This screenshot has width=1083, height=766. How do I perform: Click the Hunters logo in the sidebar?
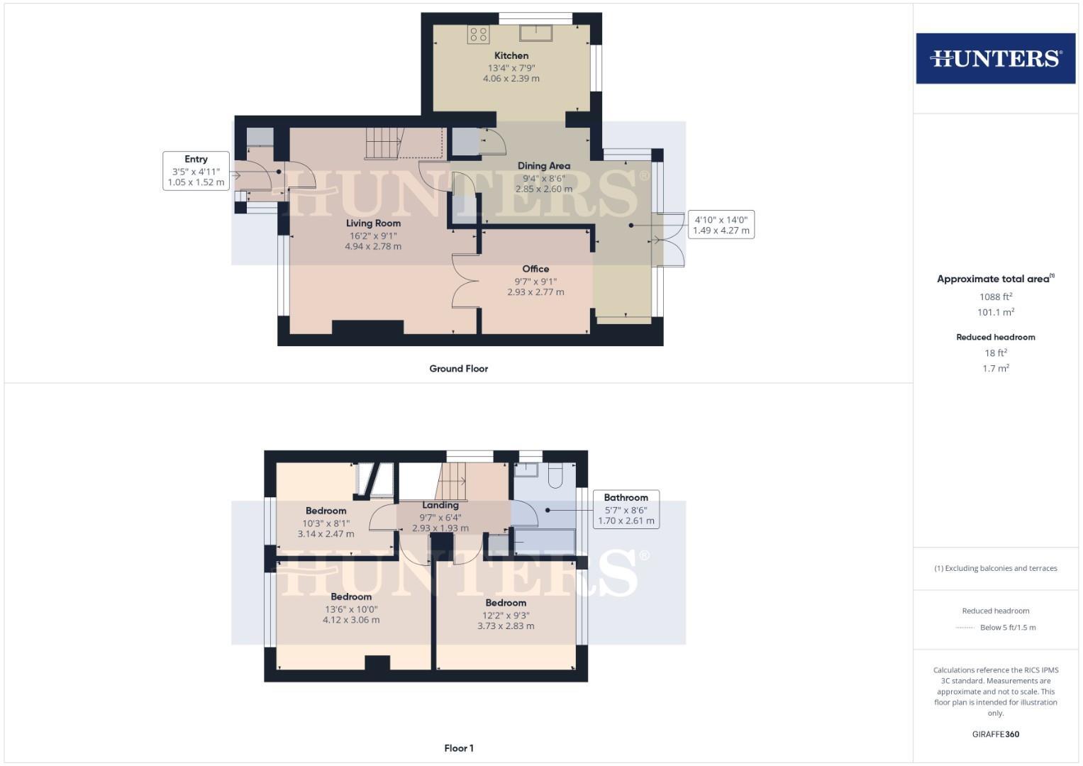click(995, 58)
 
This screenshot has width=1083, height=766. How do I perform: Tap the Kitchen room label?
click(511, 55)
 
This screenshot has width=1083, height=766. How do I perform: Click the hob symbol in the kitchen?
click(478, 34)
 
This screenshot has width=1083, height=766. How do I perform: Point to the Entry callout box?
click(196, 171)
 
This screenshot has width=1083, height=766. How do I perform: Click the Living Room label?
click(373, 223)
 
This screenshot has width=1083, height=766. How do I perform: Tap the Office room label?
click(535, 269)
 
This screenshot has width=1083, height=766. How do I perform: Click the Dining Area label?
click(543, 165)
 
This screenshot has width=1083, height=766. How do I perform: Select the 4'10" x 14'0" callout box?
click(721, 225)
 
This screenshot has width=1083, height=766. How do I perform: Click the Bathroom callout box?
click(626, 509)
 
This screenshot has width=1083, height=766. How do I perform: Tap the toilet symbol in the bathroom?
click(555, 474)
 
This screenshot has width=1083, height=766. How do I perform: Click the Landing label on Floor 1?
click(440, 505)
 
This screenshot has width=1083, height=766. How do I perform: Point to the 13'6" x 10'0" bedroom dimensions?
click(351, 609)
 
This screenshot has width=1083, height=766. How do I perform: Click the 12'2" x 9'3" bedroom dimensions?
click(506, 615)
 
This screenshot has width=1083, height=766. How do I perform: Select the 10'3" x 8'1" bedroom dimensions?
click(326, 523)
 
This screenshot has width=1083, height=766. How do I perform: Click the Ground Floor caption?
click(458, 368)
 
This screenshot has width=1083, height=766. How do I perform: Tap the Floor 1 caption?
click(458, 748)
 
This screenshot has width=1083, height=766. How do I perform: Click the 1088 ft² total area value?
click(995, 296)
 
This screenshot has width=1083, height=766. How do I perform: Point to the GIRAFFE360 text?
click(995, 734)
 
